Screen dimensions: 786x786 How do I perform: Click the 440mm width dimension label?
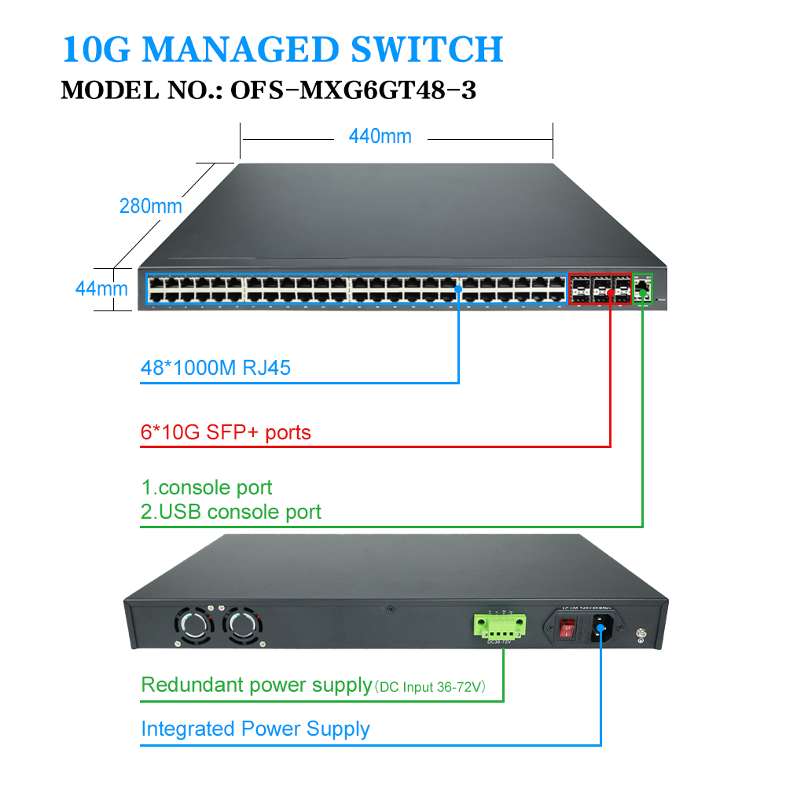click(x=380, y=137)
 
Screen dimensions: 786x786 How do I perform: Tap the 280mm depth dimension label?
click(x=150, y=206)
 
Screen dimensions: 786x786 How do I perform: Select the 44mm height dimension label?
click(x=101, y=288)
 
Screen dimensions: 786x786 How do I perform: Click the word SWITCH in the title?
click(x=427, y=49)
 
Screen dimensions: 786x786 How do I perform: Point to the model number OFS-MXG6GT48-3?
click(x=353, y=90)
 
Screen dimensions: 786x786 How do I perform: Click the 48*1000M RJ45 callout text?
click(x=215, y=368)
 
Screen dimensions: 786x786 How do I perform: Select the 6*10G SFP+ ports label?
click(x=226, y=432)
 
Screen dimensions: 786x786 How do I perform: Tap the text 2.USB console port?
click(x=230, y=512)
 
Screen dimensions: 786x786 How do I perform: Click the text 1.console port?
click(x=207, y=488)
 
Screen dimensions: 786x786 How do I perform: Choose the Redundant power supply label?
click(x=256, y=685)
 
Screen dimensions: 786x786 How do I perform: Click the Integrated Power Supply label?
click(x=255, y=729)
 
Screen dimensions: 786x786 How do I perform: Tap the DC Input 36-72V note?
click(x=430, y=687)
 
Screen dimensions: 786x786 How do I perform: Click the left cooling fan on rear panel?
click(x=193, y=626)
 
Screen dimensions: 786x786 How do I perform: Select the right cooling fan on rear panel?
click(x=240, y=626)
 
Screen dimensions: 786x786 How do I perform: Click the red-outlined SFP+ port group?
click(x=601, y=288)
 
